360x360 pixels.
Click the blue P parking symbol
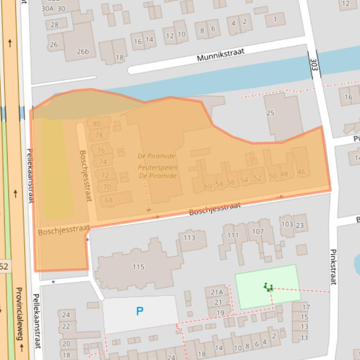[139, 311]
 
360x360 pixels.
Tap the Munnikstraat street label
[221, 56]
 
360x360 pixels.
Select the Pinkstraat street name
[333, 266]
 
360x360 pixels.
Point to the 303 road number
[313, 65]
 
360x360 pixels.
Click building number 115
[138, 267]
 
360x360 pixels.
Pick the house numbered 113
[189, 238]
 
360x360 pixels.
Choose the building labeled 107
[258, 231]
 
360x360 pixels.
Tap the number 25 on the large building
[270, 113]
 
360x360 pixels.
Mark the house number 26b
[82, 51]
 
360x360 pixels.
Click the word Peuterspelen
[158, 167]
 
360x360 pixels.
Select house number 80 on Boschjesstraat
[97, 124]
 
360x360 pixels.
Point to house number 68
[109, 201]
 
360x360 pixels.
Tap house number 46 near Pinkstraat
[301, 172]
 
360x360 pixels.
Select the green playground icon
[268, 287]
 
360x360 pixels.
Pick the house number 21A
[217, 292]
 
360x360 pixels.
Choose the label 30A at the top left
[47, 8]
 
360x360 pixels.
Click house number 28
[55, 25]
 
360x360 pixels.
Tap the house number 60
[208, 186]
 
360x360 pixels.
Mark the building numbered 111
[233, 235]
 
